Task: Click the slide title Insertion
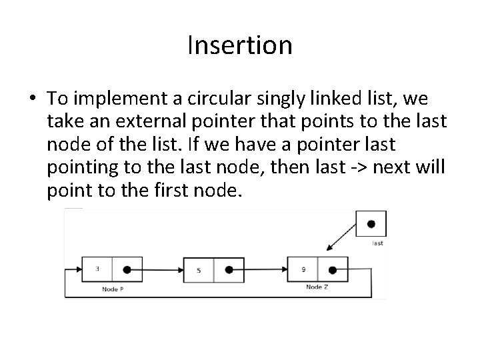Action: tap(240, 46)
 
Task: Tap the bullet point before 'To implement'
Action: tap(32, 99)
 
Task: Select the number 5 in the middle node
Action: tap(199, 270)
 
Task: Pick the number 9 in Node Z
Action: tap(303, 269)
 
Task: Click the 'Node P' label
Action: tap(112, 289)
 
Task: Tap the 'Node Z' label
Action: tap(317, 287)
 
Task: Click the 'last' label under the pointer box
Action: tap(377, 243)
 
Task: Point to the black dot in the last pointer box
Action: tap(371, 224)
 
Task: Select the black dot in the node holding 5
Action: tap(229, 270)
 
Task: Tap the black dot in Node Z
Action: tap(332, 270)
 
